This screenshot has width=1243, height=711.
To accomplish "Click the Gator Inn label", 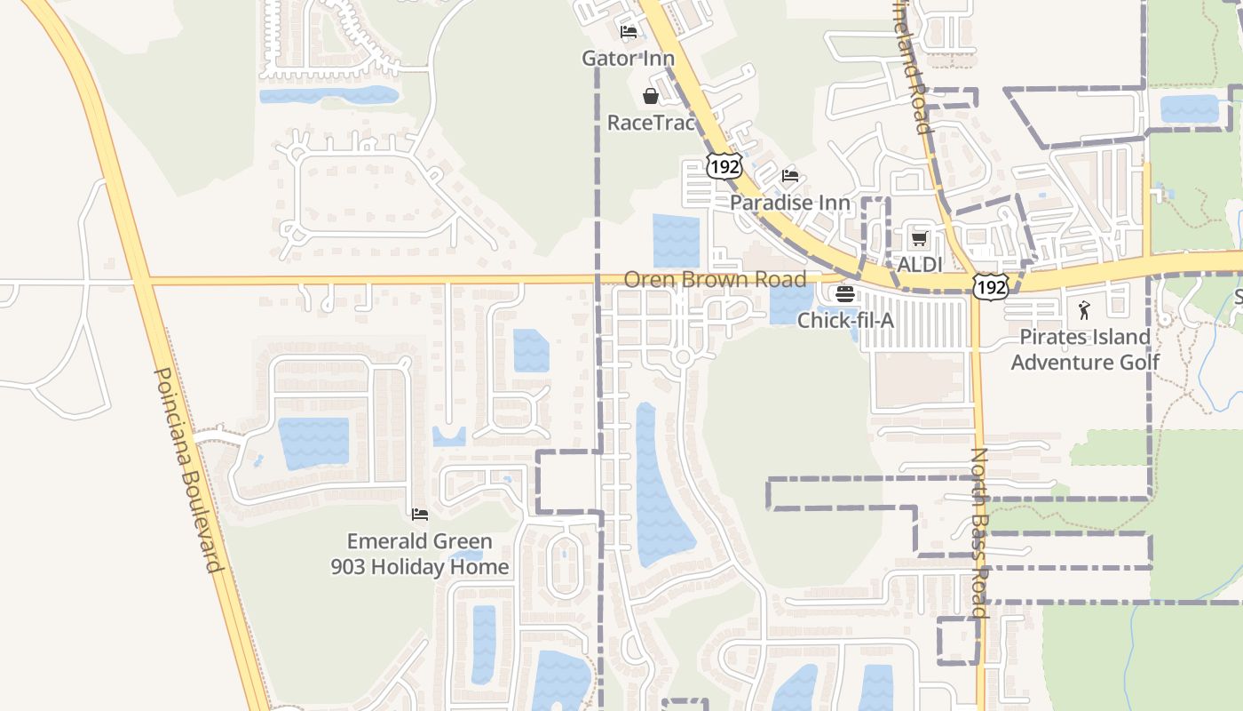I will point(628,59).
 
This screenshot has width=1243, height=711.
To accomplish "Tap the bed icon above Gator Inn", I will point(629,33).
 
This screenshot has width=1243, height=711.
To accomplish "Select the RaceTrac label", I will point(651,123).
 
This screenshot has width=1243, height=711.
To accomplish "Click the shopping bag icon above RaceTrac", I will point(651,96).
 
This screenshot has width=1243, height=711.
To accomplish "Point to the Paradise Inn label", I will point(789,203).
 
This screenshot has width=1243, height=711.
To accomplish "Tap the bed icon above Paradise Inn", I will point(790,176).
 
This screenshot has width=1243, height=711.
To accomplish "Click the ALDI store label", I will point(919,265).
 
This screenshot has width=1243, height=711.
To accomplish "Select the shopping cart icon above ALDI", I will point(919,239).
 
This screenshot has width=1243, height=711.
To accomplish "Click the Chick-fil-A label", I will point(845,320).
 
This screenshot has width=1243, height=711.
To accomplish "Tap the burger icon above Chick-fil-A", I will point(845,294).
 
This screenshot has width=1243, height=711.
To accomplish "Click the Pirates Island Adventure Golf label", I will point(1085,349).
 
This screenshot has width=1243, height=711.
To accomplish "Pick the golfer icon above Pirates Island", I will point(1084,310).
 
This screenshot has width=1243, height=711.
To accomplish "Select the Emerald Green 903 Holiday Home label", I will point(420,554).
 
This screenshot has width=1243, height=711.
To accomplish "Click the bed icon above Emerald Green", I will point(420,515).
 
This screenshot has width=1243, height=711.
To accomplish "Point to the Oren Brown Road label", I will point(715,279).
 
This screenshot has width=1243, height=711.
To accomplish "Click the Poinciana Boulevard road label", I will point(187,470).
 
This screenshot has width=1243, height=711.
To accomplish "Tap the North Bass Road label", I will point(978,532).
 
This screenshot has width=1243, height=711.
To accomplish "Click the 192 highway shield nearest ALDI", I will point(989,286).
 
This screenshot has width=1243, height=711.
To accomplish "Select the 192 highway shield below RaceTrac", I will point(724,165).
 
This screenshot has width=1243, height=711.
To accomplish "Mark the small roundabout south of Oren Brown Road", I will point(682,357).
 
